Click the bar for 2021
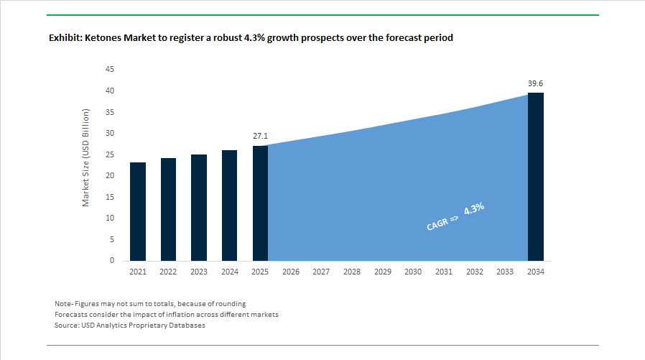click(137, 211)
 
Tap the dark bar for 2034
click(535, 177)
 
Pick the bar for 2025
click(260, 203)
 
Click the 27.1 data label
click(260, 135)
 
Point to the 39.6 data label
click(535, 83)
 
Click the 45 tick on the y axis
click(110, 69)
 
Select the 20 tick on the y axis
click(110, 175)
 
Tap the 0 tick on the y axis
click(112, 261)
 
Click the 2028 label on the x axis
click(352, 272)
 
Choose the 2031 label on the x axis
click(443, 272)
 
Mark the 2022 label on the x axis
click(168, 272)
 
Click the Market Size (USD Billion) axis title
click(85, 158)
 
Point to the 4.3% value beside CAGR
click(474, 209)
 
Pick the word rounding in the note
click(229, 303)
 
